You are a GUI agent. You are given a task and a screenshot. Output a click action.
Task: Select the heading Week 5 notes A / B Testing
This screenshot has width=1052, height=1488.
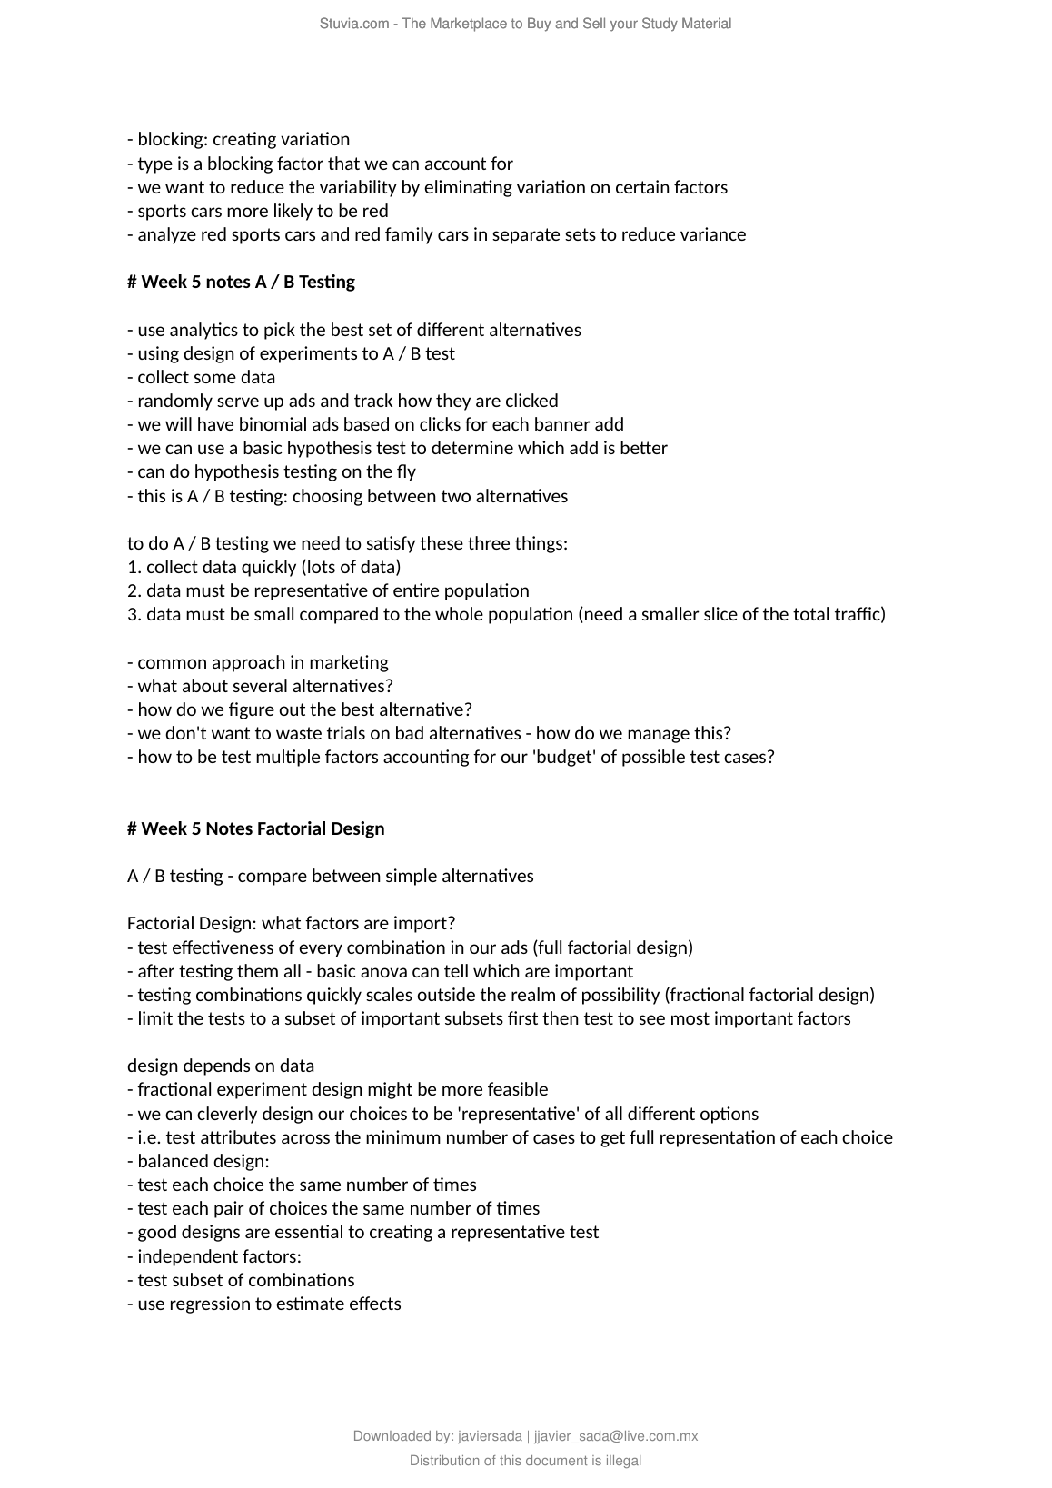tap(241, 282)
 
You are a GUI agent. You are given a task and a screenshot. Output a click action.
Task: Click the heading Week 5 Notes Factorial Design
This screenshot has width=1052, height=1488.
tap(255, 828)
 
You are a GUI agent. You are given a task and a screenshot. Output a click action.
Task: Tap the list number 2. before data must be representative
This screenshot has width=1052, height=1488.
tap(134, 590)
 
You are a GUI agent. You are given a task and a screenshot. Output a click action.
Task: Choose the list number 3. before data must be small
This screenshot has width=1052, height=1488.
tap(134, 614)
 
